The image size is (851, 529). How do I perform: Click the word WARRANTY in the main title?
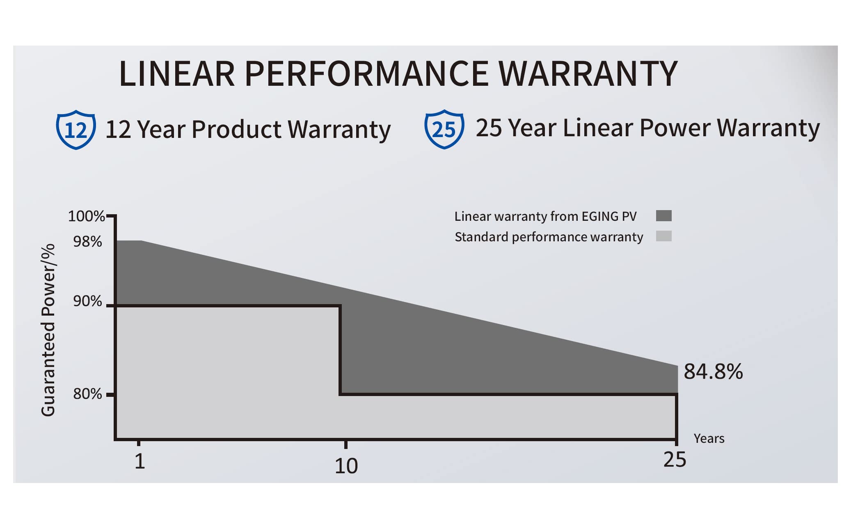pos(588,74)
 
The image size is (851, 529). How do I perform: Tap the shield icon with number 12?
pos(76,130)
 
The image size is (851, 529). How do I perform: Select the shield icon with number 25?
pos(444,129)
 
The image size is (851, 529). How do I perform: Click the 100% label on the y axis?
pos(86,216)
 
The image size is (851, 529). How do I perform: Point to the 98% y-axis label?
pos(87,242)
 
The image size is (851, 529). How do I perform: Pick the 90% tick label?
pos(87,301)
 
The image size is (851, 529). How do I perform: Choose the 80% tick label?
pos(87,394)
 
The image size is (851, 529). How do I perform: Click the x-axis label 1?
pos(140,461)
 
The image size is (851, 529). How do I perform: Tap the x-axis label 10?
pos(346,466)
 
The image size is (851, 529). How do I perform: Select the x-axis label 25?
pos(675,460)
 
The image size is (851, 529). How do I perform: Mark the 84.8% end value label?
pos(713,371)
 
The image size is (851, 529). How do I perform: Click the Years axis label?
pos(709,439)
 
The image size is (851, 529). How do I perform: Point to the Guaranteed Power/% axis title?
pos(48,330)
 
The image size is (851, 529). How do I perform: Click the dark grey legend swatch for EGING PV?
pos(663,216)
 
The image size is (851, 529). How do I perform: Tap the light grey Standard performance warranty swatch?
pos(663,236)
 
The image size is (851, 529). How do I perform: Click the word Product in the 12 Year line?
pos(236,130)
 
